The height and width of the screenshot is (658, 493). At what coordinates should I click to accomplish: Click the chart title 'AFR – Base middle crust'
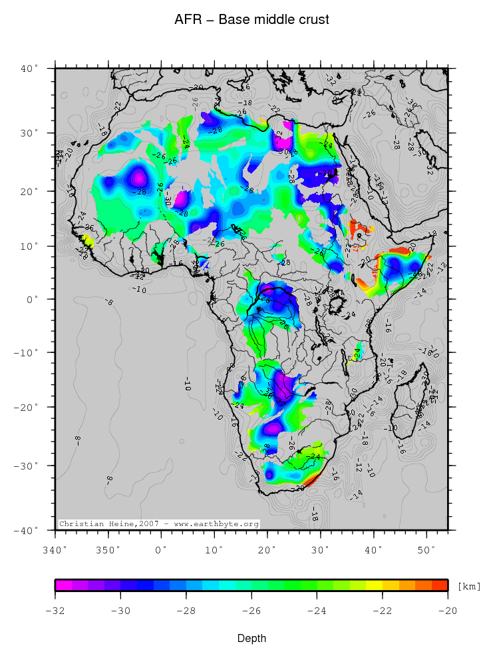click(x=251, y=20)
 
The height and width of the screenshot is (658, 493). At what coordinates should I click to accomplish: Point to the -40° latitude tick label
click(x=29, y=530)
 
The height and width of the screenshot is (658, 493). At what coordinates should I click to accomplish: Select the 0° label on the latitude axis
click(x=33, y=299)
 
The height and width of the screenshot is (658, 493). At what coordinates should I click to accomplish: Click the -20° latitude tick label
click(x=29, y=407)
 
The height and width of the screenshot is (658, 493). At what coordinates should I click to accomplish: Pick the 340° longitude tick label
click(x=55, y=549)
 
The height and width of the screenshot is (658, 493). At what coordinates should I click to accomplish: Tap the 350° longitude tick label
click(x=108, y=549)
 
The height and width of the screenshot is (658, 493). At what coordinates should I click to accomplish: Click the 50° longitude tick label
click(x=426, y=549)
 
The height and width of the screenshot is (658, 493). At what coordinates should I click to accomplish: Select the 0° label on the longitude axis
click(x=161, y=549)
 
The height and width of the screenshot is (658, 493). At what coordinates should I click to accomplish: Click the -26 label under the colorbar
click(x=251, y=611)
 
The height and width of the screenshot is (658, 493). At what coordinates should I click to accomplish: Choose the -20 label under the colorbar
click(x=447, y=611)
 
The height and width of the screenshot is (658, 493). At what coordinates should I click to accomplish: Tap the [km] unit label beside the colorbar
click(x=469, y=586)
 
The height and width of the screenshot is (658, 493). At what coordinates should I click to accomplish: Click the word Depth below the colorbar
click(x=251, y=639)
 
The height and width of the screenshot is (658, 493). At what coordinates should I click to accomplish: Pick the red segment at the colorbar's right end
click(x=440, y=585)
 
